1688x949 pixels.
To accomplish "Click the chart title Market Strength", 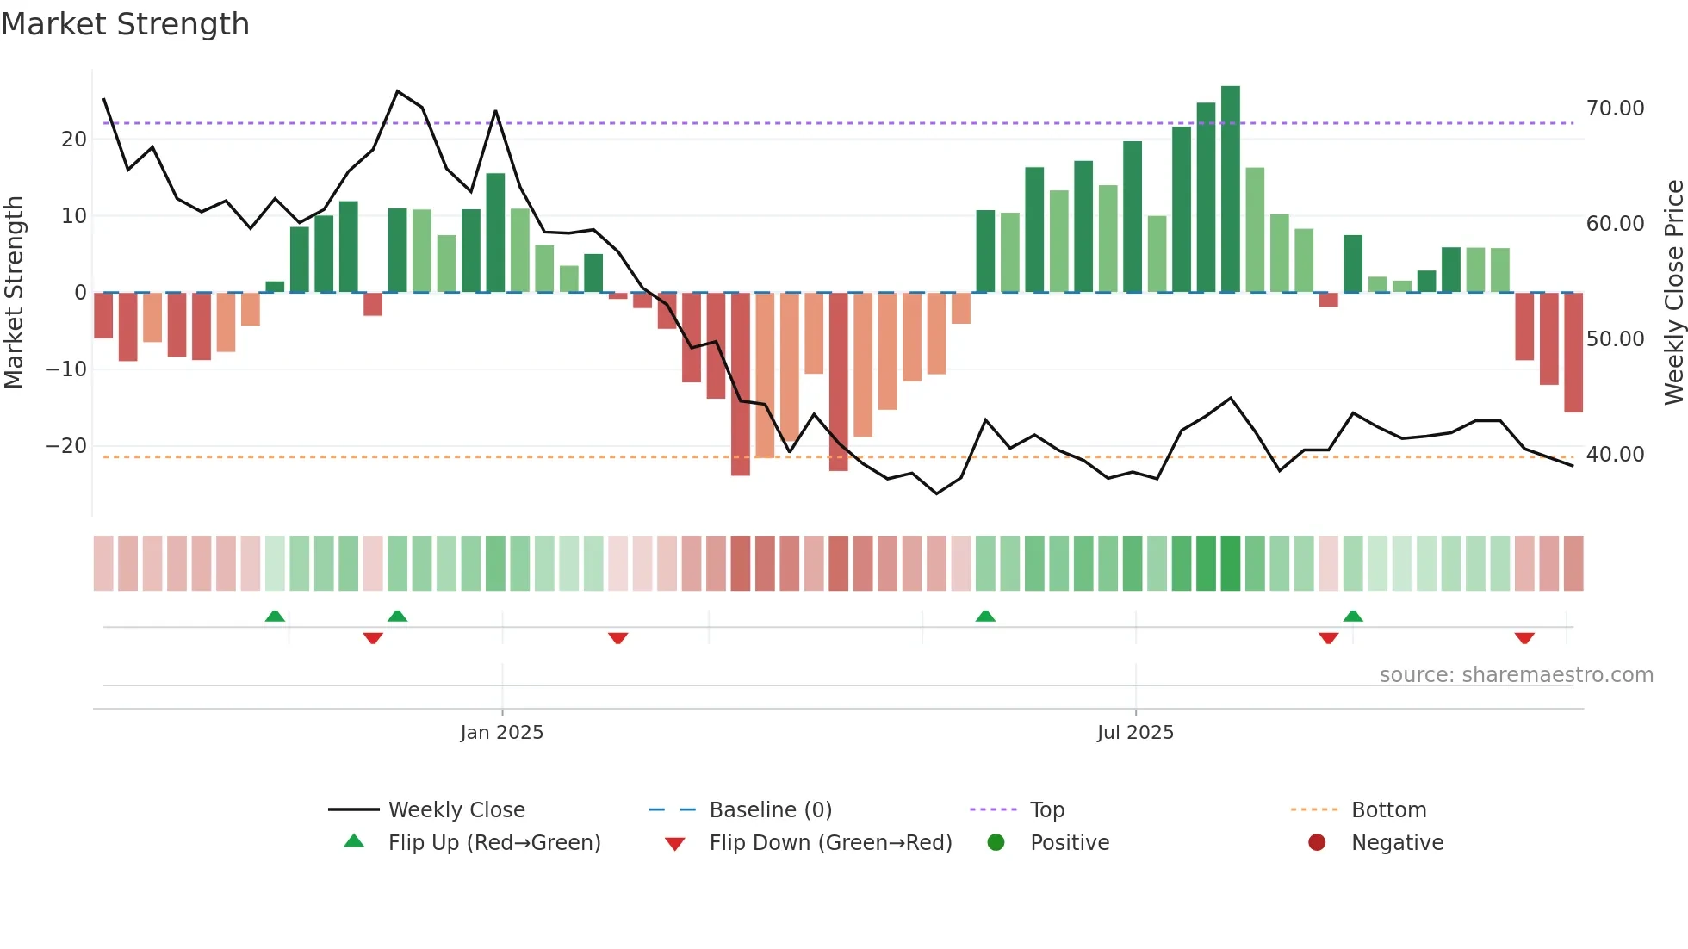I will [x=125, y=24].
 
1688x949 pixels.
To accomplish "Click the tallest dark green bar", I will [x=1231, y=189].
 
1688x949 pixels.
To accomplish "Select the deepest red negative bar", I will [x=741, y=384].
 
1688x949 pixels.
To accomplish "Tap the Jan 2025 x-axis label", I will [x=502, y=733].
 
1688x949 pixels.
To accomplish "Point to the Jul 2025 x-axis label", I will [x=1135, y=733].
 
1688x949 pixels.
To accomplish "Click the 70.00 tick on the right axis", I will [x=1615, y=109].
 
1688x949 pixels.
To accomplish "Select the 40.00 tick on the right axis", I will [x=1615, y=455].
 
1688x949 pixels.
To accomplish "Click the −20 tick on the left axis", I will [x=66, y=446].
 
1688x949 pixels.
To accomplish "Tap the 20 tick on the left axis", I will [x=74, y=140].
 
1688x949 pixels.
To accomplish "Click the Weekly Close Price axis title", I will [x=1673, y=293].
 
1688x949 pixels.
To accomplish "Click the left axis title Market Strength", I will [x=14, y=293].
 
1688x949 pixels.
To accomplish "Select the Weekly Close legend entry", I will [x=456, y=810].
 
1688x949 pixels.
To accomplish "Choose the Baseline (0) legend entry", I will [x=770, y=810].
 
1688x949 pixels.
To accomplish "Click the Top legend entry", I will [x=1047, y=810].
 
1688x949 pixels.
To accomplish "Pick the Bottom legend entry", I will [x=1388, y=810].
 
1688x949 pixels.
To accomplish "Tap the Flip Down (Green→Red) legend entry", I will [x=830, y=843].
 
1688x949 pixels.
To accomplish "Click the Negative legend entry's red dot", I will [x=1317, y=842].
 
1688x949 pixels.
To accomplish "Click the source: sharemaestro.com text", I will [x=1516, y=675].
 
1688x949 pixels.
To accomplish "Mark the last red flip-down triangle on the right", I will [x=1524, y=638].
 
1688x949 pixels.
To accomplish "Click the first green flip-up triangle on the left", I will [x=275, y=616].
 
